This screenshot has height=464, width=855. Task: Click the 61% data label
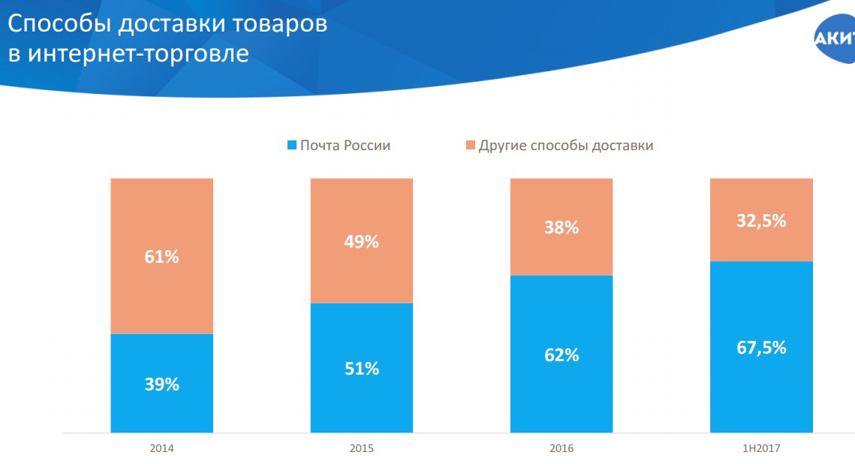(161, 257)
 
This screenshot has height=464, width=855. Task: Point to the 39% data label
(161, 384)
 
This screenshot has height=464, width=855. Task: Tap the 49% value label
(362, 242)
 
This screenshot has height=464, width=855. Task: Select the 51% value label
(362, 369)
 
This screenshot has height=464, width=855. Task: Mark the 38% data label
(561, 227)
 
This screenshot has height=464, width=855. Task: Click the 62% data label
(561, 355)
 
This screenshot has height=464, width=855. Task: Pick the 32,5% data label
(761, 221)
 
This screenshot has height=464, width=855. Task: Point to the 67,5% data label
(761, 348)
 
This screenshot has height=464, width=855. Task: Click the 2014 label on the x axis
(161, 448)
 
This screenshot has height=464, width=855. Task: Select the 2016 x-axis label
(561, 448)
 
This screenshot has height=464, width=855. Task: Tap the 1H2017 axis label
(761, 448)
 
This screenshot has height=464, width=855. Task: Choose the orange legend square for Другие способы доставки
(470, 146)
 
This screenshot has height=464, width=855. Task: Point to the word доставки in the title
(176, 24)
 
